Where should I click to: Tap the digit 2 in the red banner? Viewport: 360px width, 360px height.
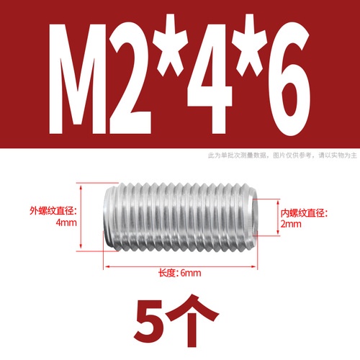pos(130,78)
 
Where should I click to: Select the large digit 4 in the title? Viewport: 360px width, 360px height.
pos(210,78)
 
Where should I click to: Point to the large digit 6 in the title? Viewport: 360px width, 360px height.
pos(289,79)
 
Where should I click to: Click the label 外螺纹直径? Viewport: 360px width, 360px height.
pos(53,211)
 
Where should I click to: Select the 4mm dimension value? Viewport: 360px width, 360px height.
pos(66,222)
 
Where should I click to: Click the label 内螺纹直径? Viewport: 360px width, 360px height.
pos(305,212)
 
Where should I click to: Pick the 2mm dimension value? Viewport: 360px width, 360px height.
pos(291,224)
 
